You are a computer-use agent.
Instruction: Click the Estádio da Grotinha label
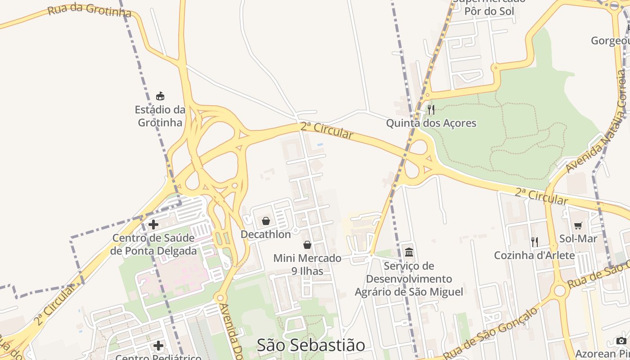[x=160, y=116]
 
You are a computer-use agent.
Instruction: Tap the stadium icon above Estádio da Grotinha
[x=160, y=96]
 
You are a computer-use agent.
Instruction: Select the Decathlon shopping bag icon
[x=266, y=221]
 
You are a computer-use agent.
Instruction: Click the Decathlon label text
[x=266, y=234]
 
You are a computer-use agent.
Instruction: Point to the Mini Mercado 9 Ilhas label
[x=307, y=265]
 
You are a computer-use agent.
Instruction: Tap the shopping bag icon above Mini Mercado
[x=307, y=245]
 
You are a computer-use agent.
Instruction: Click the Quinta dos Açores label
[x=431, y=123]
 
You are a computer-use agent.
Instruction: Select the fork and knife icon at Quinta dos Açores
[x=431, y=109]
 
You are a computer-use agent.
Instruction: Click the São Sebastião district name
[x=311, y=345]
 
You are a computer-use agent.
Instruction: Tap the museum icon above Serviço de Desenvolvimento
[x=409, y=252]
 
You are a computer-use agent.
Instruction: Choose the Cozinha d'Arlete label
[x=535, y=256]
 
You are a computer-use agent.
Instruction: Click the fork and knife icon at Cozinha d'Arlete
[x=535, y=242]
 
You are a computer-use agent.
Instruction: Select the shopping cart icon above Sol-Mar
[x=578, y=225]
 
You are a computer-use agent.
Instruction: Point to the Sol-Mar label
[x=578, y=238]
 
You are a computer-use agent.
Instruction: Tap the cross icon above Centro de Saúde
[x=153, y=224]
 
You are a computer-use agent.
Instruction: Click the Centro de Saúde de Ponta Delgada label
[x=153, y=244]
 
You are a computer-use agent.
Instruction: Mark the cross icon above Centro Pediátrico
[x=158, y=346]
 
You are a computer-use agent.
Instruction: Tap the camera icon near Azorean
[x=621, y=341]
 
